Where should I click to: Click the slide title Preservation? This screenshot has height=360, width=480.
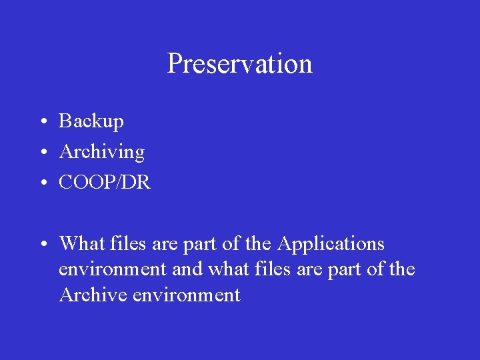239,64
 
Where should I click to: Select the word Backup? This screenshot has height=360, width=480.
91,121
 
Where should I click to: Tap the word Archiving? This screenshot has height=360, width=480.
101,152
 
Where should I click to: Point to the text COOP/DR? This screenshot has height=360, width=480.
105,183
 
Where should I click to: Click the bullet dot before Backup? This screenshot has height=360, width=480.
41,122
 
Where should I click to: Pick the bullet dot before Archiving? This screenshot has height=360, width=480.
41,153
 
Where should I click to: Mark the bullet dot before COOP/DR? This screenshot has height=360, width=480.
41,183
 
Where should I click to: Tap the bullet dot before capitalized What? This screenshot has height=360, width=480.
41,245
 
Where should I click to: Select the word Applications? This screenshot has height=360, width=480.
331,245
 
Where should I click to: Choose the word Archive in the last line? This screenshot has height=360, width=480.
93,295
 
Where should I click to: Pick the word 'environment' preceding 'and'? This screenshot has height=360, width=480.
112,269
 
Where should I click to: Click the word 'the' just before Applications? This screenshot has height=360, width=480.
257,244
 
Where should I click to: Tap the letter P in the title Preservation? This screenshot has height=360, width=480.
174,64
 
